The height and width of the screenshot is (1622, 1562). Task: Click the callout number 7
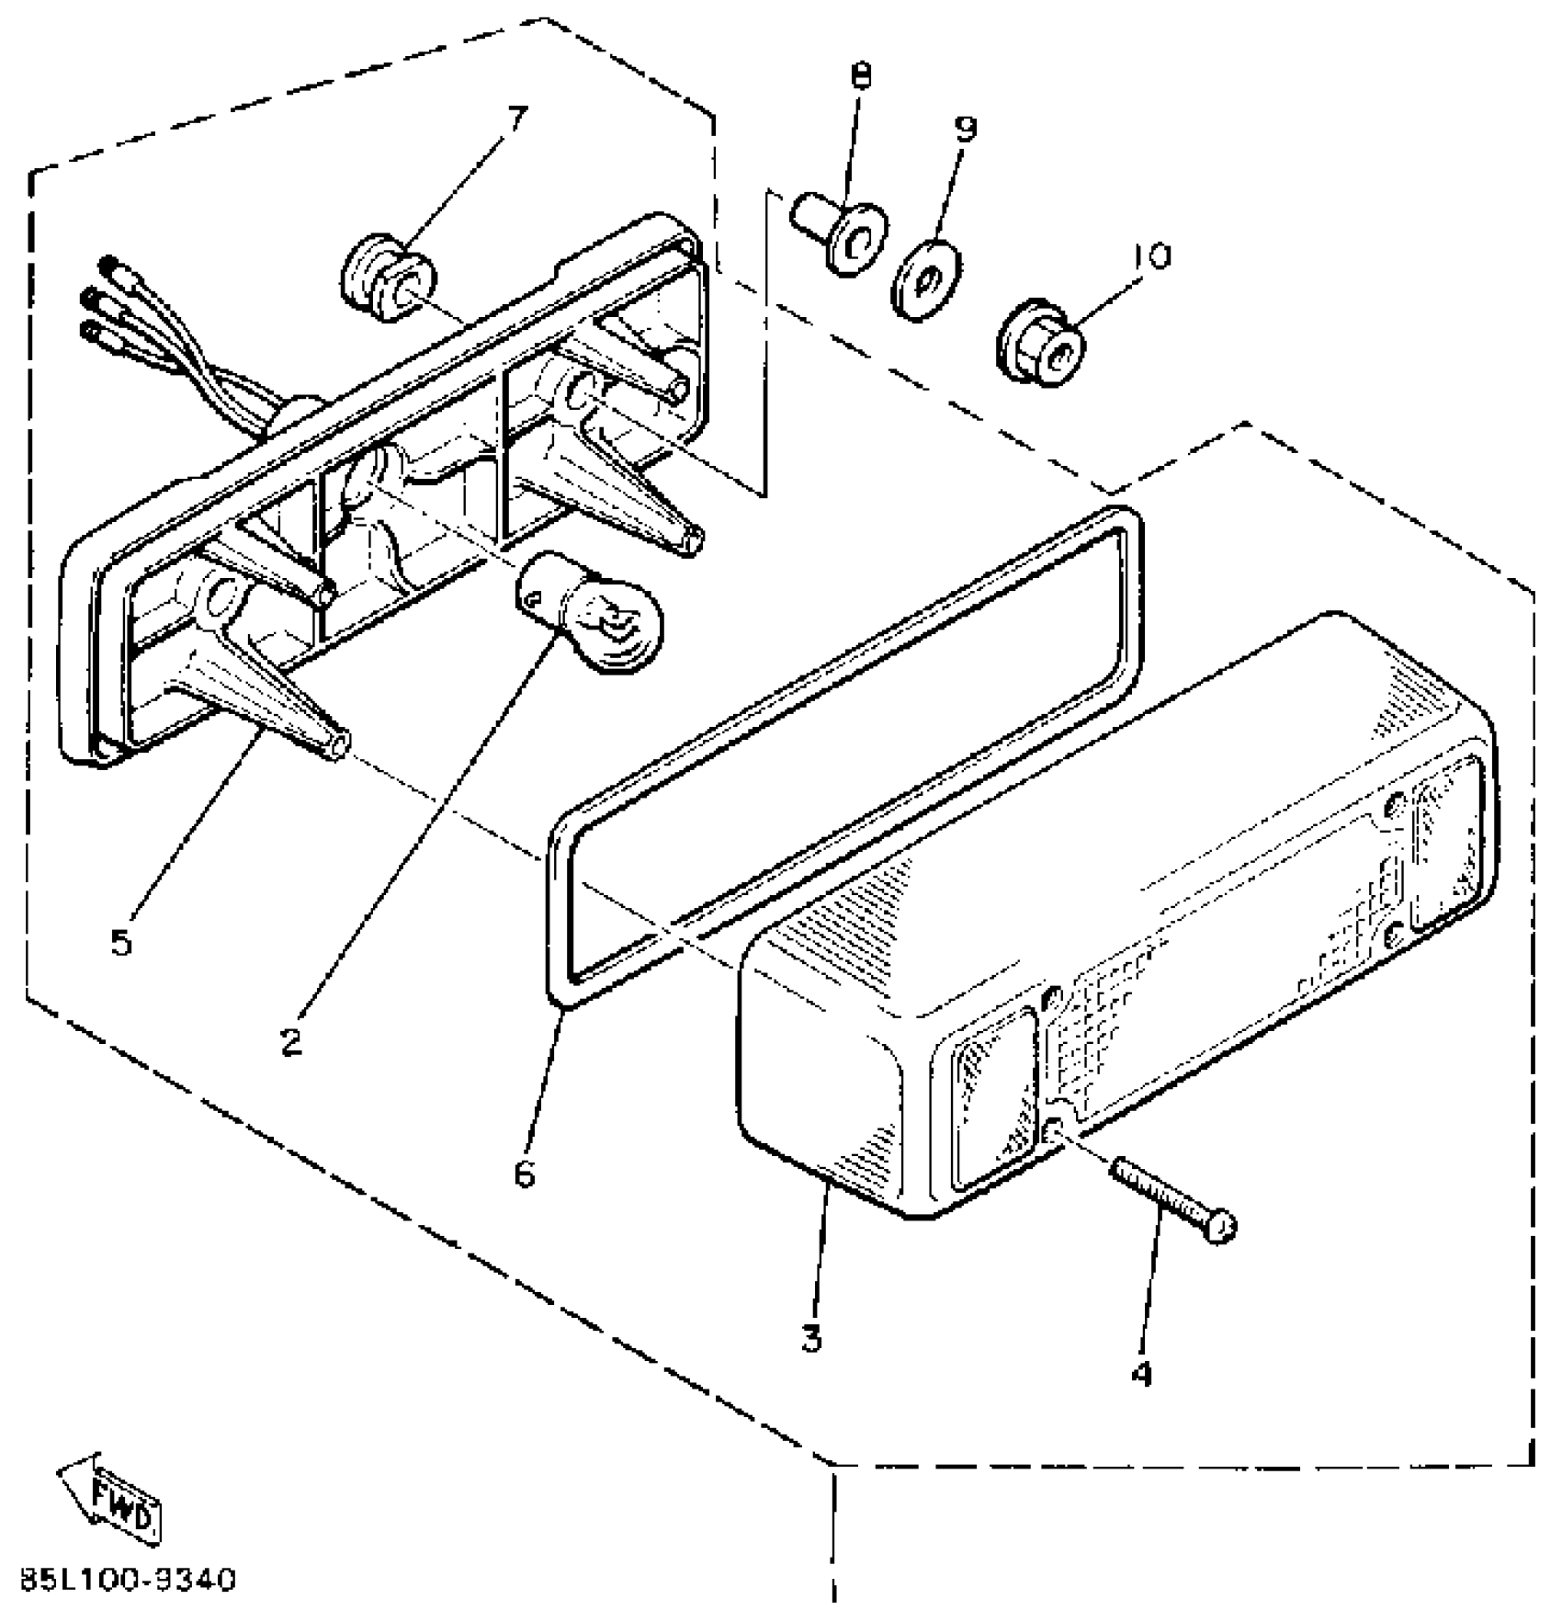tap(517, 119)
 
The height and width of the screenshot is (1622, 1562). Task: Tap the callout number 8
tap(861, 77)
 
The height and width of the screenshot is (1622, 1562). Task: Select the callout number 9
tap(965, 130)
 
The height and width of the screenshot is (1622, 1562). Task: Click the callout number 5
tap(121, 942)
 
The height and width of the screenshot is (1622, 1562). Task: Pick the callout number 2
tap(291, 1041)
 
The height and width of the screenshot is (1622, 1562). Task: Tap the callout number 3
tap(810, 1338)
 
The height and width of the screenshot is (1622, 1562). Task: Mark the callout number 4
tap(1141, 1373)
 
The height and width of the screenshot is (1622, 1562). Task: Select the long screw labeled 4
tap(1171, 1199)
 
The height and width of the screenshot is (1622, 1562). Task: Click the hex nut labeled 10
tap(1040, 344)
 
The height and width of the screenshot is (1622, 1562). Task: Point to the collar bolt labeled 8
tap(839, 234)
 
